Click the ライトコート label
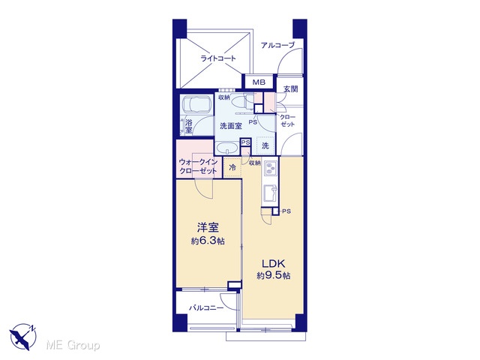(218, 58)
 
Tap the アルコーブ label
(277, 45)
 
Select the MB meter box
(259, 82)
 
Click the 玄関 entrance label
(290, 89)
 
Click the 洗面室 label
(231, 126)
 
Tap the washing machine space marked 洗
(265, 145)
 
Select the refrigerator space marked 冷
(232, 167)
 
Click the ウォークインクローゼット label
(198, 166)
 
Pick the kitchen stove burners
(270, 169)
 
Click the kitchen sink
(270, 193)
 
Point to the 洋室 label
(208, 228)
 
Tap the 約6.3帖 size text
(208, 241)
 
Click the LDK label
(273, 263)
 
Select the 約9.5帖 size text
(273, 276)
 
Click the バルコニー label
(206, 307)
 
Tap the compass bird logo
(22, 337)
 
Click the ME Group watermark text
(73, 346)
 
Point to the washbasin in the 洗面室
(226, 148)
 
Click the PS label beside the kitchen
(286, 211)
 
